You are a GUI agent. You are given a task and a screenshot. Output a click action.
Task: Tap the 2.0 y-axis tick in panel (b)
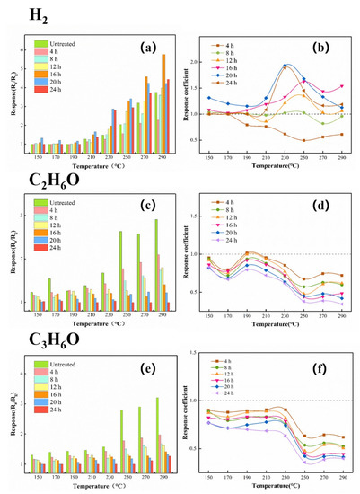196,62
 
